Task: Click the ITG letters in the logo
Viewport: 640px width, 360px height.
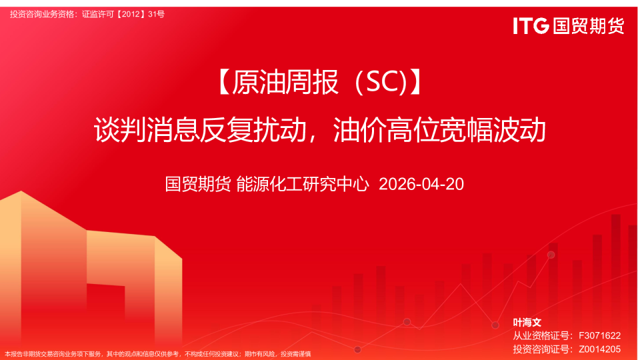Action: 531,26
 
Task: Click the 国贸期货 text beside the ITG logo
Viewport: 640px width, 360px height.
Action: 589,26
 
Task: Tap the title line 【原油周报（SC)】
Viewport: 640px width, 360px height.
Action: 320,83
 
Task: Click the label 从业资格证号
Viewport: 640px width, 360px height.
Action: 541,335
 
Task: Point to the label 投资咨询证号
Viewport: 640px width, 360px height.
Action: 541,349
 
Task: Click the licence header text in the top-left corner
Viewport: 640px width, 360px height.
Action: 87,14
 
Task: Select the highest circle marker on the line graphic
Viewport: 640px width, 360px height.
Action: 551,255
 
